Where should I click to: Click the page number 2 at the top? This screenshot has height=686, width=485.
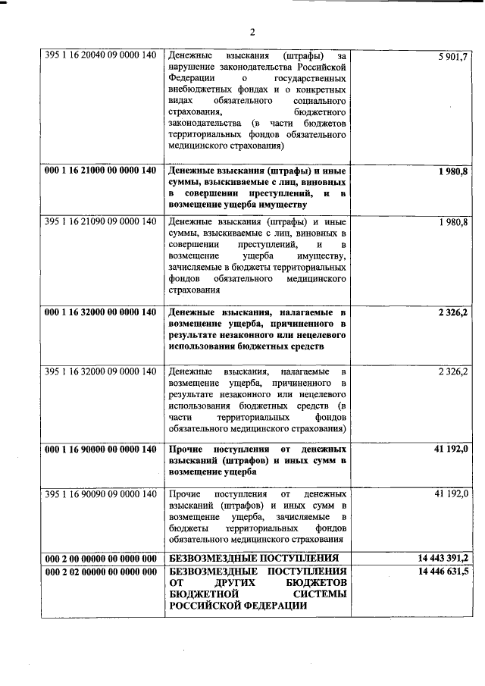pyautogui.click(x=252, y=32)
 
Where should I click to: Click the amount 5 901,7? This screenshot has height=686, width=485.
pyautogui.click(x=453, y=57)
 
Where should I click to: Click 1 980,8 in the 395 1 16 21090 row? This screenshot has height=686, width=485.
pyautogui.click(x=453, y=221)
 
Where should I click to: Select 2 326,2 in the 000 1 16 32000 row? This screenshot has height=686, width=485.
pyautogui.click(x=453, y=312)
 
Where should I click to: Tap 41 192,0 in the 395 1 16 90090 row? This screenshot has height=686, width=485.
pyautogui.click(x=452, y=494)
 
